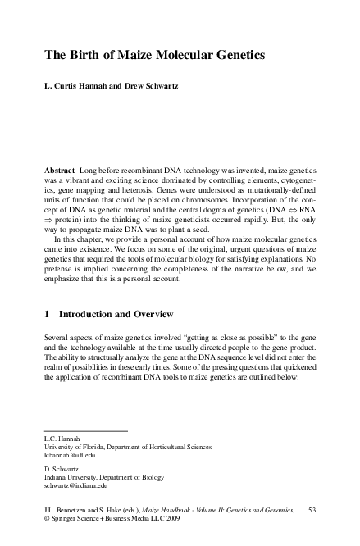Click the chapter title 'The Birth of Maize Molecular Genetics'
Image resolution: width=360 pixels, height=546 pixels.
pos(155,56)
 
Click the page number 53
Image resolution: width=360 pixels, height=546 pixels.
pos(311,511)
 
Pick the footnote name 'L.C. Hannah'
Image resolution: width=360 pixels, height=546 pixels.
pos(62,438)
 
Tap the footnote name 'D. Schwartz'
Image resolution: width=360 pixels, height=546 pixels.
pos(63,467)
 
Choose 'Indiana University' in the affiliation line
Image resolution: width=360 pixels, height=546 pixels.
pos(74,476)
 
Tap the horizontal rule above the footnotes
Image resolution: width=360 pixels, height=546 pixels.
pos(86,430)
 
